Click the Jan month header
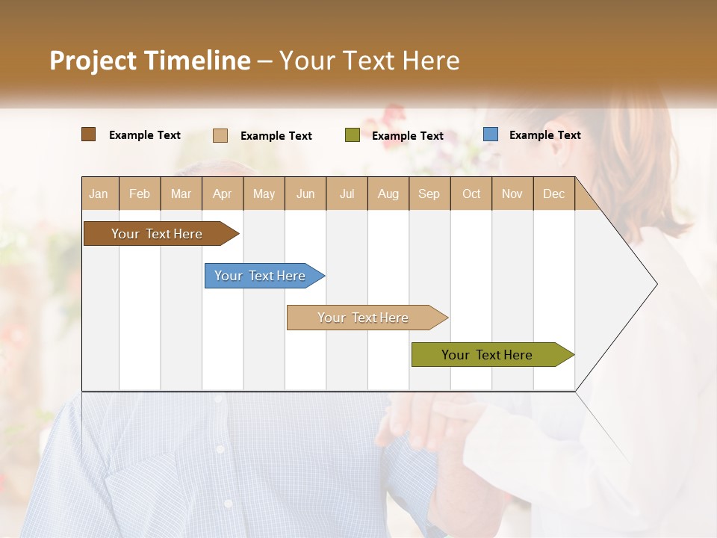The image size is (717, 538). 99,194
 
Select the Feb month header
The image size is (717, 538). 140,194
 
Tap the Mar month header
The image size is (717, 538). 181,194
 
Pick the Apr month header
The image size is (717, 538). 223,194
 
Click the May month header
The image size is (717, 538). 264,194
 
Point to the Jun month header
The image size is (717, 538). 305,194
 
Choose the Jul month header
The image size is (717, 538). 347,194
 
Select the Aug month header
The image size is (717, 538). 388,194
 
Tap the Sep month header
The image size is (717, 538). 429,194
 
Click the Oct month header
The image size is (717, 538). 471,194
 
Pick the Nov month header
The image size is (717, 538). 512,194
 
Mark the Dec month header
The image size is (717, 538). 554,194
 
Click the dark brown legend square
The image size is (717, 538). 89,134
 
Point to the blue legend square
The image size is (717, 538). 491,134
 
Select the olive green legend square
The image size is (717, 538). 353,135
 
